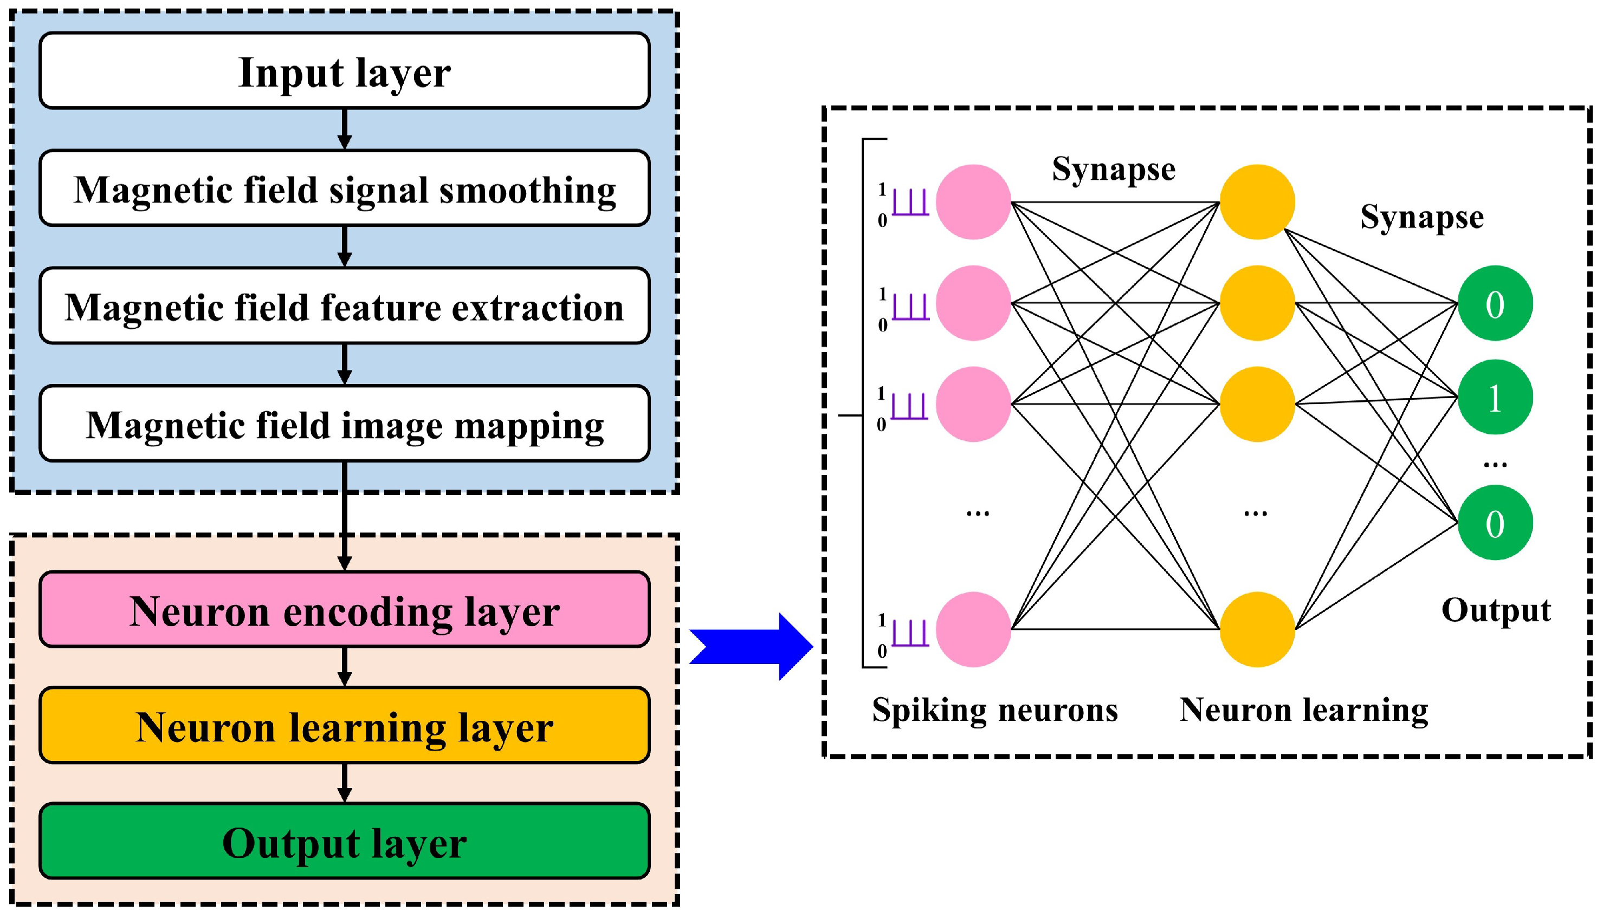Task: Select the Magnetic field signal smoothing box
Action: [x=345, y=188]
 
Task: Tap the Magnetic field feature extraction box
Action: [x=345, y=306]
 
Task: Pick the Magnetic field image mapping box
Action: [x=345, y=424]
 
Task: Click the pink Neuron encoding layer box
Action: [x=345, y=610]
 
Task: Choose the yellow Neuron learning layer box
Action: [x=345, y=726]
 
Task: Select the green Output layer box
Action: [x=345, y=842]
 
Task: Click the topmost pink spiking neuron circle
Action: [x=973, y=202]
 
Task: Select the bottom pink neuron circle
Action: [x=973, y=629]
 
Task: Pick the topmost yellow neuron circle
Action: [x=1257, y=202]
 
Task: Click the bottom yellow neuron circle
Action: [x=1257, y=629]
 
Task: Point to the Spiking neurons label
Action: [x=994, y=710]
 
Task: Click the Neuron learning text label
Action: [x=1303, y=710]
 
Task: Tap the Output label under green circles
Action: [x=1496, y=610]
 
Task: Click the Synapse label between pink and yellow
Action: [x=1114, y=169]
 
